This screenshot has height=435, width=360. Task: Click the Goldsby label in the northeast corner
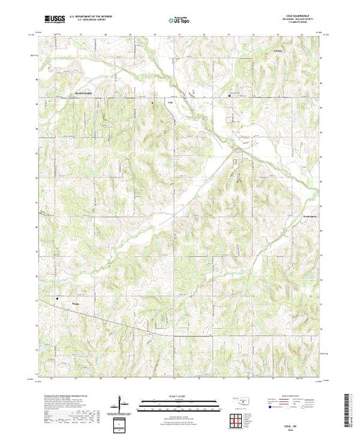[299, 51]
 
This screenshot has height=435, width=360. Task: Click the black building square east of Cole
[231, 98]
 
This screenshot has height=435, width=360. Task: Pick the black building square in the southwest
[59, 299]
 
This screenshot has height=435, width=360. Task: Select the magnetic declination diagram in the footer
[122, 403]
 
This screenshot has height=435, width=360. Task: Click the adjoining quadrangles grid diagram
[236, 419]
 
